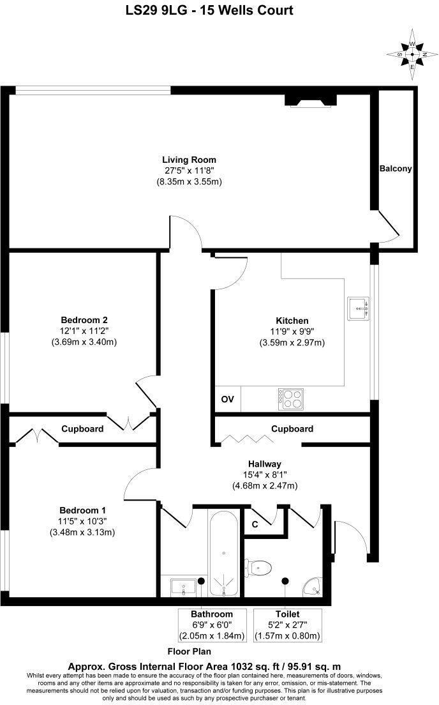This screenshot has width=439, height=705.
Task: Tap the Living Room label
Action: (189, 160)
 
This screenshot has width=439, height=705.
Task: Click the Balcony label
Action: (396, 169)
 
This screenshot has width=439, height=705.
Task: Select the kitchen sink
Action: (359, 308)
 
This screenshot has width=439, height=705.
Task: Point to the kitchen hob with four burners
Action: (290, 399)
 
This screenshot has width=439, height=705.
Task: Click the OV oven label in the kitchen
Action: (228, 400)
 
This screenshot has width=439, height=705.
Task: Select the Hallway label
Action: (265, 463)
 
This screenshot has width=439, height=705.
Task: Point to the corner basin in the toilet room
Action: (313, 586)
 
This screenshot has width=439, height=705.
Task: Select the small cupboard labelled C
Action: (255, 525)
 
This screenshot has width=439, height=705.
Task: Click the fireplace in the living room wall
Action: (310, 98)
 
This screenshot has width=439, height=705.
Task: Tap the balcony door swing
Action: (389, 227)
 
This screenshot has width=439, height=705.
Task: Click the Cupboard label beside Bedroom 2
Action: (82, 429)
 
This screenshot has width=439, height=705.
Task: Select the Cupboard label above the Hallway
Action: (292, 429)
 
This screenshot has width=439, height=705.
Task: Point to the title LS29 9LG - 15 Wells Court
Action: (219, 11)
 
